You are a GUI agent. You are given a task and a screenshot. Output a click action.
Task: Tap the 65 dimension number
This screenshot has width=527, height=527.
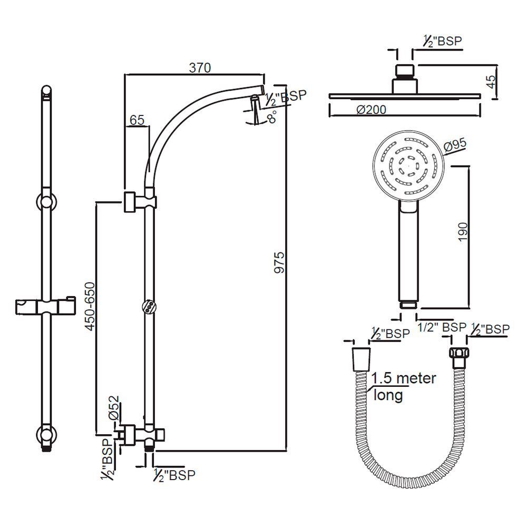[136, 120]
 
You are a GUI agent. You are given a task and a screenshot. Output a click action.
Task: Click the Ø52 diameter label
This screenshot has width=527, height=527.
[114, 408]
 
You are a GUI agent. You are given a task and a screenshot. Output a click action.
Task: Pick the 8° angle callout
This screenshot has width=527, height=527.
[272, 118]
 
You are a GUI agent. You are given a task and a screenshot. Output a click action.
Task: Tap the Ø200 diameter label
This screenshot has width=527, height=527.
[371, 110]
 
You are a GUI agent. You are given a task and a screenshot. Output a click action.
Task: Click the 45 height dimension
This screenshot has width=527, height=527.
[490, 82]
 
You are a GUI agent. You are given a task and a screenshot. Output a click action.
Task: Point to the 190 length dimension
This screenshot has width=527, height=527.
[462, 232]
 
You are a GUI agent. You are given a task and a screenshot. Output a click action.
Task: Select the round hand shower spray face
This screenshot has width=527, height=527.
[407, 165]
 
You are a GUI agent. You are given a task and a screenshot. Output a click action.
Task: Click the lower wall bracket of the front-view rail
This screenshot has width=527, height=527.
[47, 435]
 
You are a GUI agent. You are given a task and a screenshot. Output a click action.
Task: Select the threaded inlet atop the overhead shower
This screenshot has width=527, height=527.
[405, 70]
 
